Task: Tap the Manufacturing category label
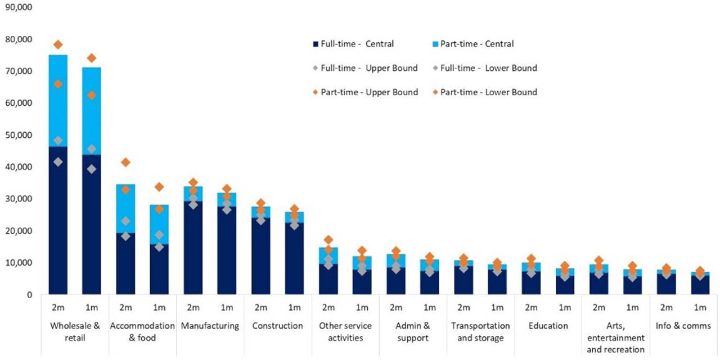[x=210, y=326]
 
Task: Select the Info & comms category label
[x=683, y=326]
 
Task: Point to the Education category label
[x=548, y=326]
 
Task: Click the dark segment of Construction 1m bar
[x=294, y=259]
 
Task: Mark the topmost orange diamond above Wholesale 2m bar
[x=58, y=44]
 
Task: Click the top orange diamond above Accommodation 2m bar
[x=125, y=162]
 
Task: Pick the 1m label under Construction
[x=294, y=308]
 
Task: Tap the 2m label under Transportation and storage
[x=463, y=308]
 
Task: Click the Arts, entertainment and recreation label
[x=615, y=337]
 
